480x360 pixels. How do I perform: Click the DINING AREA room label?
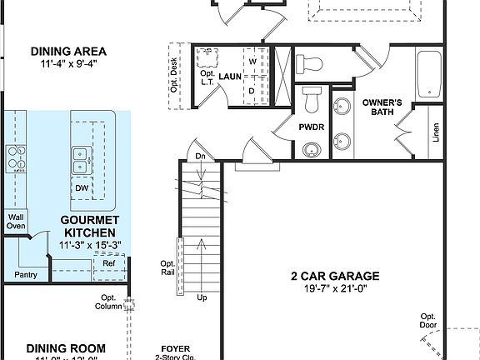62,50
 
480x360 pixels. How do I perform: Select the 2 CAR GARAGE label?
335,276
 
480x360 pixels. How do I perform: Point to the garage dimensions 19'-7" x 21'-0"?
335,289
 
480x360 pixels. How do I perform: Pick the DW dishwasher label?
82,188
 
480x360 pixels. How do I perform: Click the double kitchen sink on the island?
82,160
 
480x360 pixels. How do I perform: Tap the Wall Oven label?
16,221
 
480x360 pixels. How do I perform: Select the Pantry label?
26,274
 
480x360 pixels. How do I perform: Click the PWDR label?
312,127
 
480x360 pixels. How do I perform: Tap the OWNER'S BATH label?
382,107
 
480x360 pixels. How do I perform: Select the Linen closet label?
436,132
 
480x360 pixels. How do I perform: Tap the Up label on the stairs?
201,297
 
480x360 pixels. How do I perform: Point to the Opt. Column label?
108,302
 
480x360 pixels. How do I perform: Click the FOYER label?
175,348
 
